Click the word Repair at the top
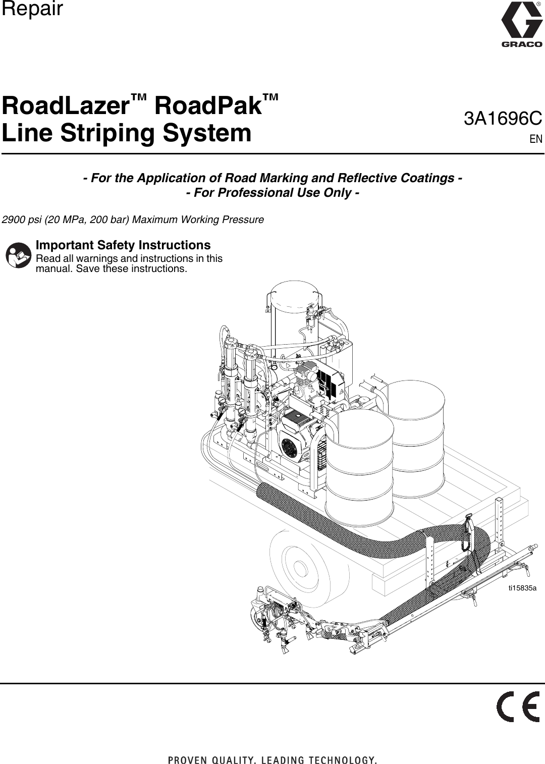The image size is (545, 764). click(x=32, y=9)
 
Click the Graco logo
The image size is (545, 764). click(x=521, y=25)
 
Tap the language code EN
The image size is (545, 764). click(x=536, y=139)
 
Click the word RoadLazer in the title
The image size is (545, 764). click(x=74, y=106)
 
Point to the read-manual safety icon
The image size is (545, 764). click(x=18, y=255)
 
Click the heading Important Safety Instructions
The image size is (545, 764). click(x=123, y=245)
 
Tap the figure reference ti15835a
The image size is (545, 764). click(x=522, y=588)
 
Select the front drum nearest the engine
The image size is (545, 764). click(x=359, y=464)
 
